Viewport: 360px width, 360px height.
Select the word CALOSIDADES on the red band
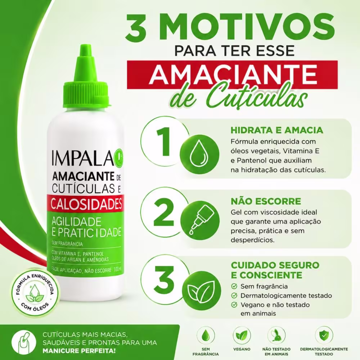[x=86, y=204]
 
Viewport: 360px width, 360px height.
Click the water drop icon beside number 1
[x=199, y=154]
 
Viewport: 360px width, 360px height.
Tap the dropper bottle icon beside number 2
[x=199, y=220]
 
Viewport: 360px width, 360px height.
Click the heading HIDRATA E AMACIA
[x=277, y=130]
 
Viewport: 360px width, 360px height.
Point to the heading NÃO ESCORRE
[x=266, y=201]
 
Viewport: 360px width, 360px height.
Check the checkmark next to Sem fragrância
[x=234, y=286]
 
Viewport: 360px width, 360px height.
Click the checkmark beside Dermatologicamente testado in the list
[x=234, y=296]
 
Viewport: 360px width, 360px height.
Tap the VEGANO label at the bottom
[x=242, y=349]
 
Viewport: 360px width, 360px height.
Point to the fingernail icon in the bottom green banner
[x=24, y=342]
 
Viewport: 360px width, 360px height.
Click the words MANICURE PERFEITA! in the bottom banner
[x=79, y=351]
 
